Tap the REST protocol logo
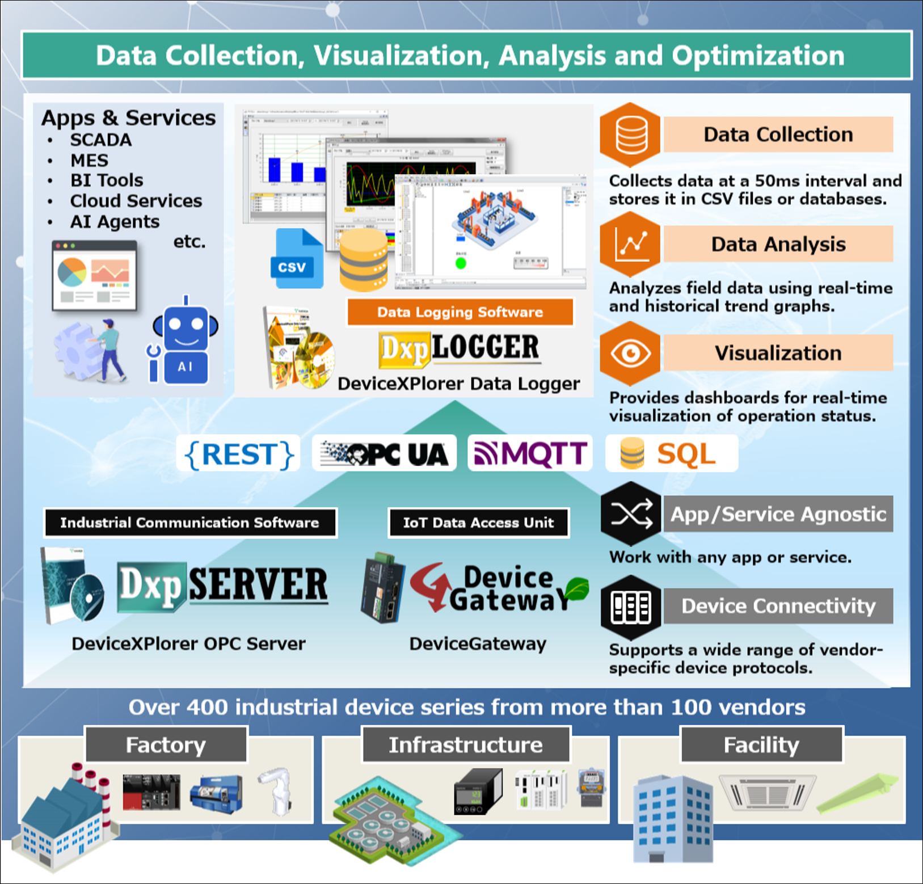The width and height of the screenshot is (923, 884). pos(238,454)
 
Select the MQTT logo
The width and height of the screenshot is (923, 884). pos(530,453)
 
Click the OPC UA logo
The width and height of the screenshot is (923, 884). pos(384,453)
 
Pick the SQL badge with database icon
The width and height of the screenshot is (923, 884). pos(671,453)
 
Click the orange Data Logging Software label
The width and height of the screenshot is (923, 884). pos(460,312)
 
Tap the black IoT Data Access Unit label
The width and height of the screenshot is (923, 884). pos(479,523)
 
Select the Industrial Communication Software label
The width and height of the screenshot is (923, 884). pos(190,523)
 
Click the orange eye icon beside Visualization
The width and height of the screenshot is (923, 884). pos(630,353)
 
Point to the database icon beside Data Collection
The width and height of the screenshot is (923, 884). pos(630,135)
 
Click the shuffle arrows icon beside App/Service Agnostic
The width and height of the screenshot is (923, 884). pos(631,514)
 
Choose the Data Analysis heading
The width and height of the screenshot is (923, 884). pos(778,244)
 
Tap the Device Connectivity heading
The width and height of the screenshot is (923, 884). pos(778,606)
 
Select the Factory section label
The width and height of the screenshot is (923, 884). pos(166,744)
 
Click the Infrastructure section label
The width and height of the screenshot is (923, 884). pos(466,744)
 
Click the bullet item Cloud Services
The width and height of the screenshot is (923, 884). pos(136,201)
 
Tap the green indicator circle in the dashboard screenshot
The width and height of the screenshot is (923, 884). pos(461,263)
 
